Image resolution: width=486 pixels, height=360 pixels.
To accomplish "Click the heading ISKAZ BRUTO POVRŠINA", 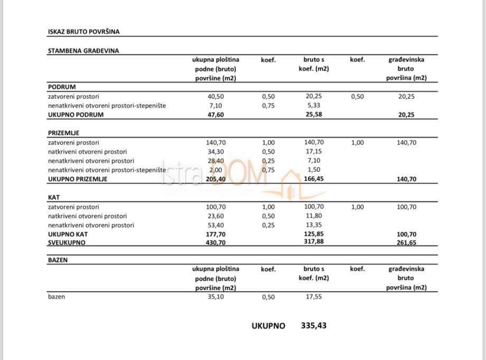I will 83,32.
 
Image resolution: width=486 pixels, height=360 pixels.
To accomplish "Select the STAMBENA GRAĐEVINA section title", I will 83,51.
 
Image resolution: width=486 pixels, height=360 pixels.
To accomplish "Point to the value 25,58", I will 314,115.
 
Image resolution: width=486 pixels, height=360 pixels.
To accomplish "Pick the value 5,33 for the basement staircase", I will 314,106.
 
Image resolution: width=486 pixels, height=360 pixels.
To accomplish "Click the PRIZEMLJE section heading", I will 63,133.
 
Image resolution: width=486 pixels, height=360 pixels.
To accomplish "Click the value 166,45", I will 314,179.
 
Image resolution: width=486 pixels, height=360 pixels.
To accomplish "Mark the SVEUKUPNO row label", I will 67,243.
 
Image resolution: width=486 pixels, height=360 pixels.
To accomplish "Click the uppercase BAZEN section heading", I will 58,260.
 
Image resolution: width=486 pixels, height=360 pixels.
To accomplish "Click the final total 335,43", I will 314,326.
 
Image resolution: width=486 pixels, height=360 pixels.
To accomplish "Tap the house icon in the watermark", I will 290,182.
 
